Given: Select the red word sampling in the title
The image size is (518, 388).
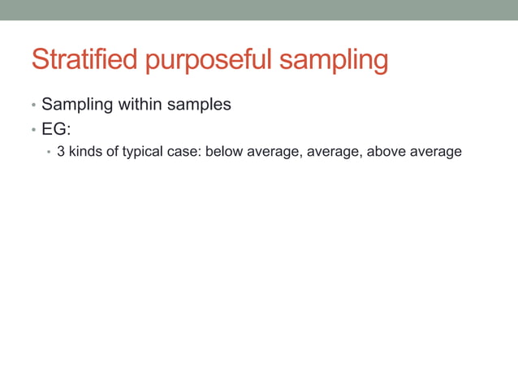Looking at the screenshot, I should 334,62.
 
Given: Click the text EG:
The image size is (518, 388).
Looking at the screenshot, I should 55,128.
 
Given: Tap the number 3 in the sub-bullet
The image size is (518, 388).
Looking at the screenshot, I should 61,151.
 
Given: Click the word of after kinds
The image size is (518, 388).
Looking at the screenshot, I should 112,151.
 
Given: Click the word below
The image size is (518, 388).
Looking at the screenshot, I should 224,151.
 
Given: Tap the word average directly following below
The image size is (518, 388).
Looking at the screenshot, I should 272,151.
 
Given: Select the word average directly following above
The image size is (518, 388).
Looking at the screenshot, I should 434,151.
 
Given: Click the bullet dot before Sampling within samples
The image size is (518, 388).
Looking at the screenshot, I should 33,106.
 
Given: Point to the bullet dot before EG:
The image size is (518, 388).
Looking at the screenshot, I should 33,129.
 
